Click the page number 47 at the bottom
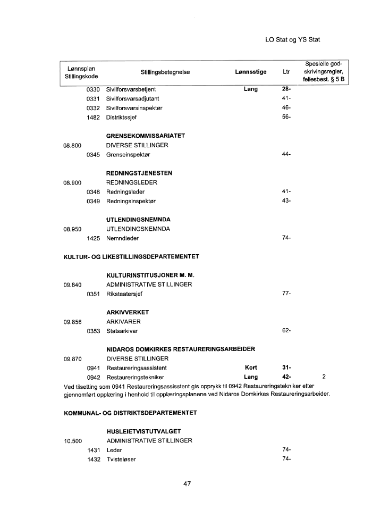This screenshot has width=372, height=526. [186, 484]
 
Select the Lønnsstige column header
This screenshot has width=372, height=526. [250, 72]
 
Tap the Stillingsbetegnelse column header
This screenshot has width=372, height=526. [165, 72]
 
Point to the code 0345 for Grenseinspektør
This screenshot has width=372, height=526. [94, 154]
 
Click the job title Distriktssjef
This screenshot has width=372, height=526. [122, 118]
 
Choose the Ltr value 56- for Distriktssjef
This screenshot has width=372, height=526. [286, 118]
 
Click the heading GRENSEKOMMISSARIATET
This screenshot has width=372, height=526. [145, 136]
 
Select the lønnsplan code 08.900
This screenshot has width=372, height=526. [73, 182]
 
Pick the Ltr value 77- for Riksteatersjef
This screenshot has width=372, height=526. [286, 294]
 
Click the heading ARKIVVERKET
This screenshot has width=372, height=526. [128, 312]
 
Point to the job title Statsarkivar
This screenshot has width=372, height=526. [123, 331]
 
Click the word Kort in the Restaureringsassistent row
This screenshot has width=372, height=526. [251, 368]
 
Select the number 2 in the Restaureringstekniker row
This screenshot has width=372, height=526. [324, 377]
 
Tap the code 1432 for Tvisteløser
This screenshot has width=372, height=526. [94, 460]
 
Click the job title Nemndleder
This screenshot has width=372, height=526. [123, 238]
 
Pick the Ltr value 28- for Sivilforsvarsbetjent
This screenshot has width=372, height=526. [286, 89]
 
